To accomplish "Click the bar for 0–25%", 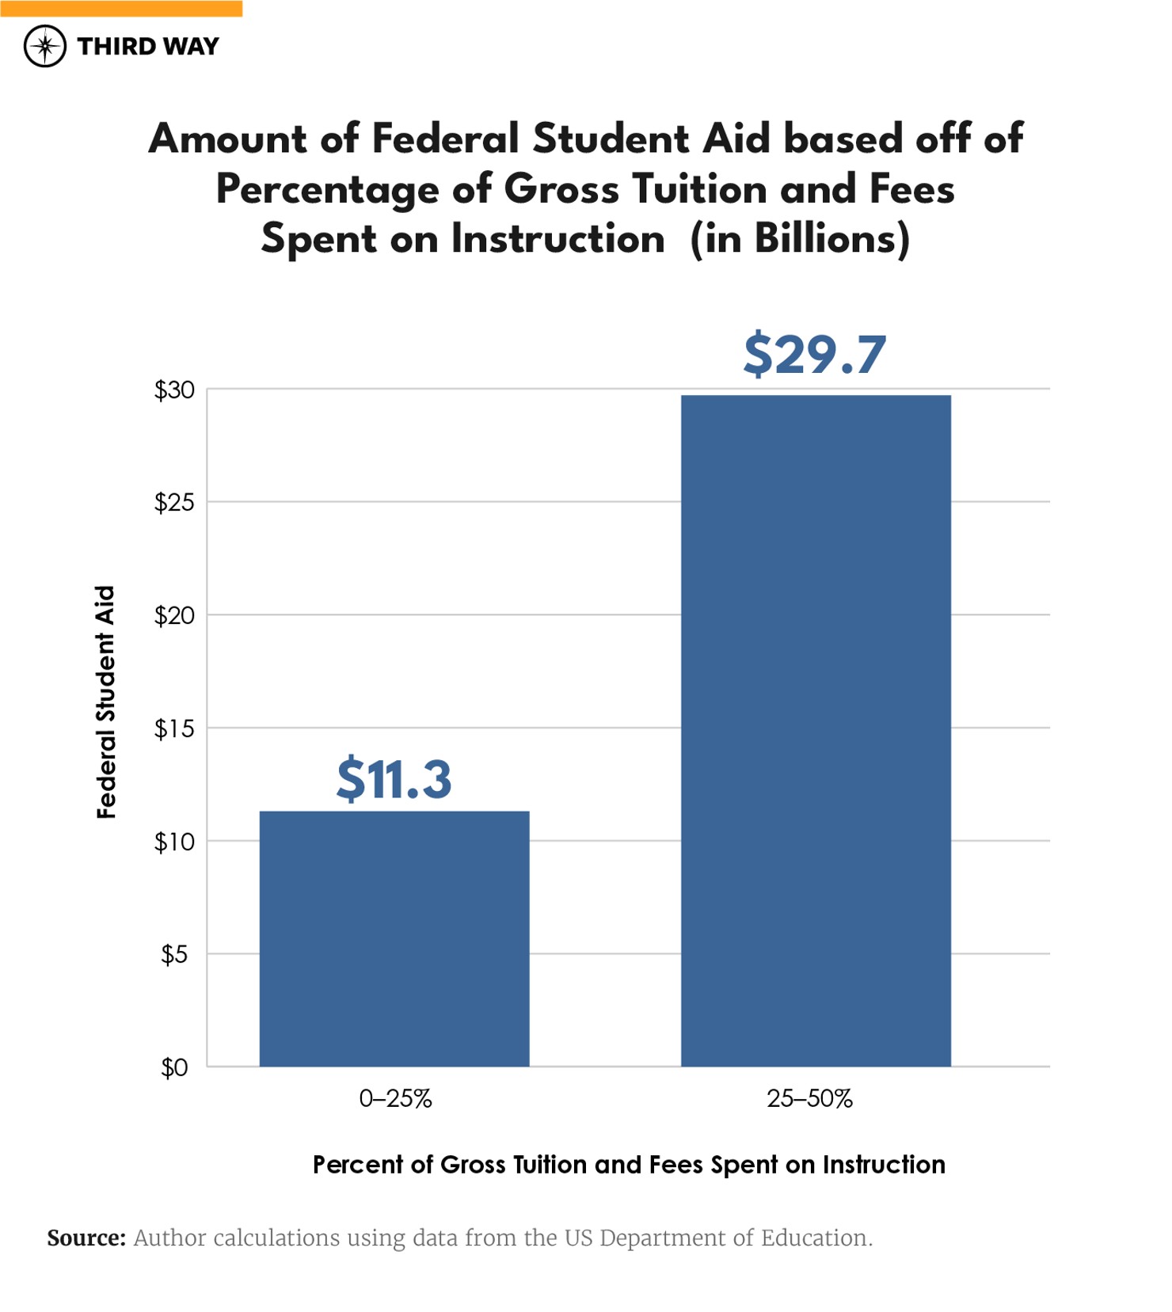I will coord(394,938).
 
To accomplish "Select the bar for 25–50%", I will coord(816,730).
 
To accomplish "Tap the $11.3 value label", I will coord(394,779).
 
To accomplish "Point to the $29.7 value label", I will coord(814,354).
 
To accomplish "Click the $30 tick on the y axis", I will coord(174,390).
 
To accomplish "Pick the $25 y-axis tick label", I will coord(174,503).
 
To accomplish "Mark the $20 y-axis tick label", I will coord(174,616).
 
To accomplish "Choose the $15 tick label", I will coord(174,728).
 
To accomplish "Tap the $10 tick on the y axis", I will coord(174,842).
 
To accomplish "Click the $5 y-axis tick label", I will coord(174,955).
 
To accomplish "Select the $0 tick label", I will coord(174,1068).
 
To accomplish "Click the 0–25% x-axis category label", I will coord(395,1099).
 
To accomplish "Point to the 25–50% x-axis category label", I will coord(809,1099).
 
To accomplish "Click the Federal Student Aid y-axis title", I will coord(106,702).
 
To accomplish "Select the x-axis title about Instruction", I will coord(629,1165).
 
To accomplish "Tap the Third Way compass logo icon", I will coord(45,46).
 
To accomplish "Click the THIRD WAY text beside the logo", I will coord(148,47).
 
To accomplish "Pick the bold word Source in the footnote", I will coord(86,1238).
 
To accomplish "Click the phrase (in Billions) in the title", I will coord(800,239).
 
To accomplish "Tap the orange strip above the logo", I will coord(121,8).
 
